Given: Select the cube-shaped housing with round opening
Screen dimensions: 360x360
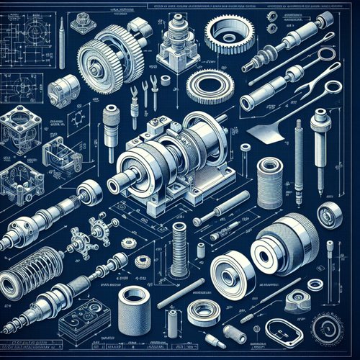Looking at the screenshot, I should pos(21,133).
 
